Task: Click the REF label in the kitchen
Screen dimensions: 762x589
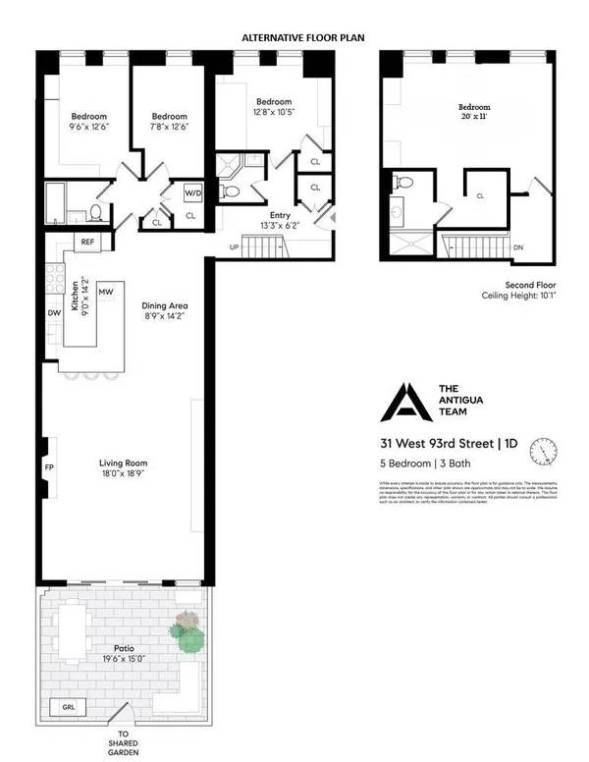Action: (x=87, y=242)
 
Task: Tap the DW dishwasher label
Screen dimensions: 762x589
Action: (x=53, y=313)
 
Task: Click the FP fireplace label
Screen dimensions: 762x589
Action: (x=49, y=468)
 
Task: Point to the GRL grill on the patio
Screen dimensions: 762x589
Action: (x=68, y=706)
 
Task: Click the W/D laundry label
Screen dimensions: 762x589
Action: (x=191, y=193)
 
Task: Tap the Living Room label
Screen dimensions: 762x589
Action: (x=123, y=467)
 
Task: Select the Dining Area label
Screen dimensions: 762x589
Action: (x=164, y=310)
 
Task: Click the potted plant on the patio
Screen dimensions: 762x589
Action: (x=187, y=633)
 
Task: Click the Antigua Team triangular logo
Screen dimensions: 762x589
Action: (x=400, y=402)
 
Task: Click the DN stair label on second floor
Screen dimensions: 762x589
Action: (x=518, y=247)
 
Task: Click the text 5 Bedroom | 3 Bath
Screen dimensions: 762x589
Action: (x=424, y=463)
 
